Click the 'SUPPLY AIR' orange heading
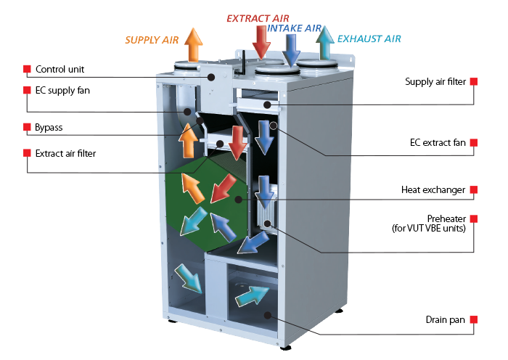point(152,40)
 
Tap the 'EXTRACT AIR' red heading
point(258,18)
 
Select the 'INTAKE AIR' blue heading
point(294,28)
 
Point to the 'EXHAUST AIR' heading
point(369,39)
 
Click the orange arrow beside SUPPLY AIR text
point(194,45)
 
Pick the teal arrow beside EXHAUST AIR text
point(324,43)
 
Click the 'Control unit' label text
point(60,70)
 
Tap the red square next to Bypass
point(27,127)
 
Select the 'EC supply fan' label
point(62,91)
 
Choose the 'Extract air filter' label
point(65,153)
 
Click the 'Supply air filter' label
point(435,82)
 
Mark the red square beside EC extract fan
point(474,142)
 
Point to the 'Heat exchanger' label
point(433,190)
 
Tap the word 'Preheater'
point(446,218)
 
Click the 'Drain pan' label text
point(445,320)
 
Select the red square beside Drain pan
point(474,319)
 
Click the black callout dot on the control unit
point(211,77)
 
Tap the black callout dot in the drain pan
point(268,315)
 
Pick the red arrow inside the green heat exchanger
point(224,189)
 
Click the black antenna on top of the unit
point(242,62)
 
